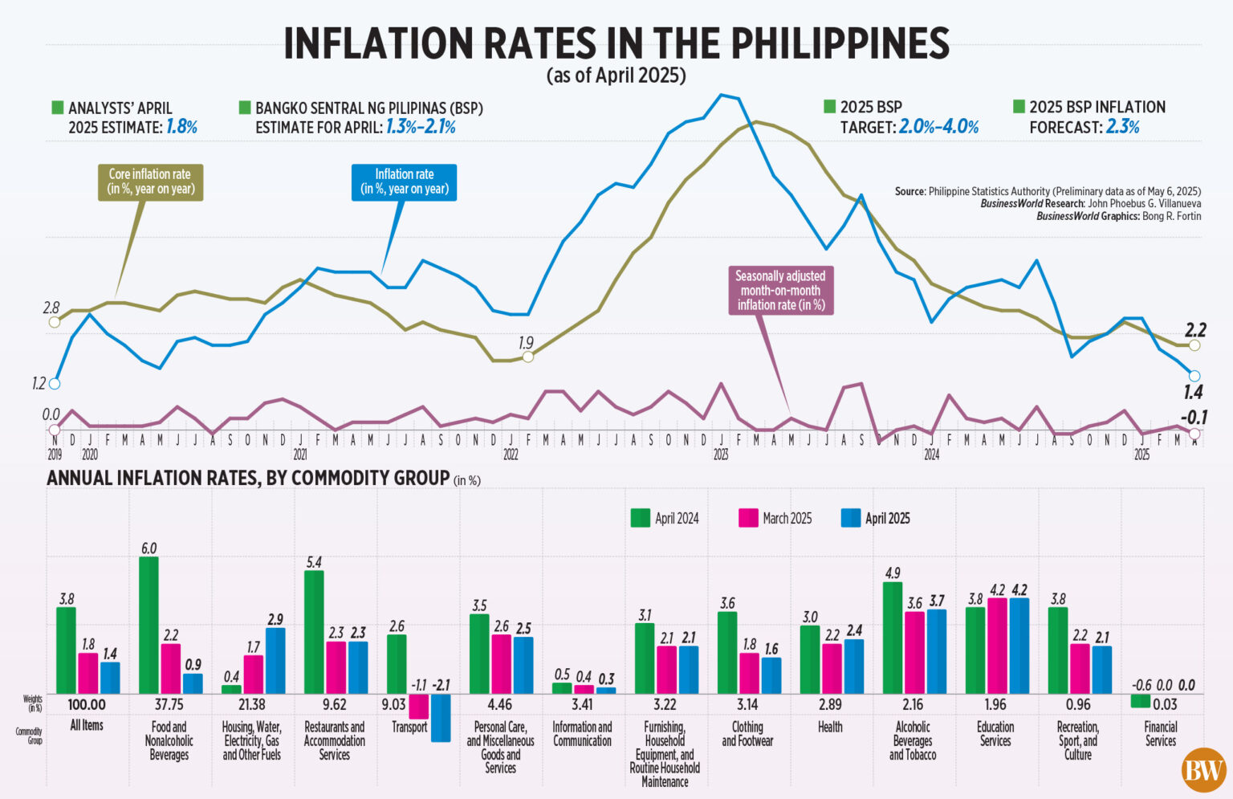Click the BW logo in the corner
1203,770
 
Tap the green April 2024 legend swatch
640,518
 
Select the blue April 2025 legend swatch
850,518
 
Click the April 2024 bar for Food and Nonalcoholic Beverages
149,625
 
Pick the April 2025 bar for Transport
441,717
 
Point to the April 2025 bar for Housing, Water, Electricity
275,660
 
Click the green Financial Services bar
1140,701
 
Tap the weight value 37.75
169,705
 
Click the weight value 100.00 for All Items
87,705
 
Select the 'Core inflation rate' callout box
150,181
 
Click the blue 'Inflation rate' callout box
405,181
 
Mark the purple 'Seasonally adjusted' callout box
780,290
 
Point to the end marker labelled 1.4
1194,376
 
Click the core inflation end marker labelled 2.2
1194,345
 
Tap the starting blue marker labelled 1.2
55,383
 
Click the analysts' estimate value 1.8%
181,127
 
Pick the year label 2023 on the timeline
721,455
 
